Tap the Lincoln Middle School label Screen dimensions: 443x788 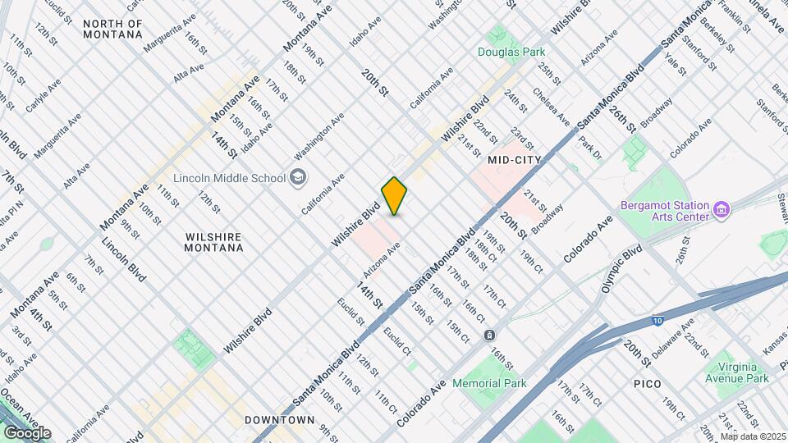point(229,178)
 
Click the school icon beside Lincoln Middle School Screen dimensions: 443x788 point(296,177)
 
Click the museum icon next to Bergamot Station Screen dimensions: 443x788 point(722,210)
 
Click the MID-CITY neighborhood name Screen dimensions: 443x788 point(515,160)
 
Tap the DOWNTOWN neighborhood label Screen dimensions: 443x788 point(279,420)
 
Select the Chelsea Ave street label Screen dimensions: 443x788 point(551,107)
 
